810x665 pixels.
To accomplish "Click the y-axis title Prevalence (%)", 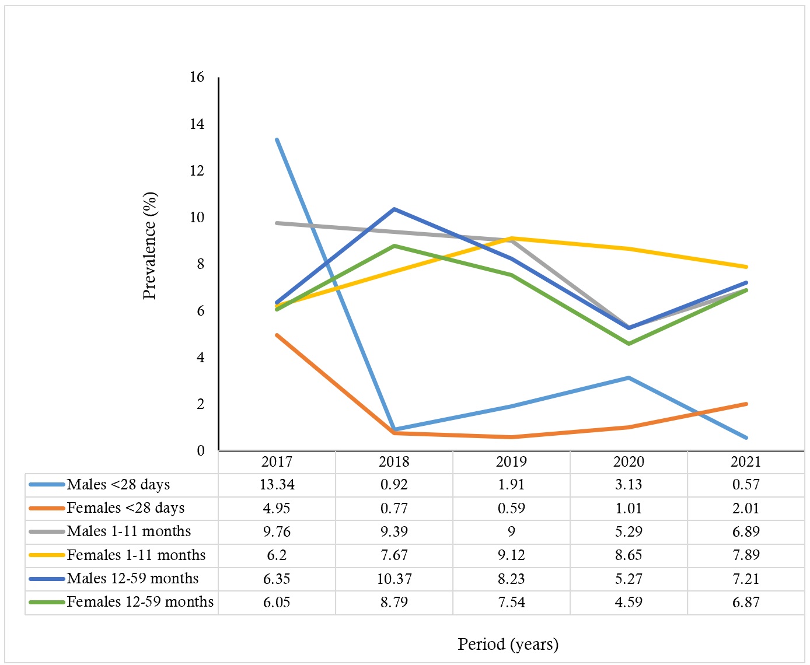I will (x=149, y=246).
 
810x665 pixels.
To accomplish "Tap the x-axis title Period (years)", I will (x=508, y=644).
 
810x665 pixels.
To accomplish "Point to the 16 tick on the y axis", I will (x=197, y=77).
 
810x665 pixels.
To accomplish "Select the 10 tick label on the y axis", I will (x=197, y=217).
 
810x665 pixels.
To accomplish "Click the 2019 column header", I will (x=511, y=461).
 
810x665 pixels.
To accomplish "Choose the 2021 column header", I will (x=746, y=461).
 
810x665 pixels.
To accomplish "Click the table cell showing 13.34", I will (x=277, y=485).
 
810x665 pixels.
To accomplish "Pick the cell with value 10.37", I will (x=394, y=579).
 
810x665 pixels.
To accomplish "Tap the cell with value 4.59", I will (x=629, y=602).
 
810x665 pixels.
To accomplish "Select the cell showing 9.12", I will (x=511, y=555).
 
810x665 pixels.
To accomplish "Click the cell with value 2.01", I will (x=746, y=508).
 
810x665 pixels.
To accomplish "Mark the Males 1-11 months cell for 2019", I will (x=511, y=531).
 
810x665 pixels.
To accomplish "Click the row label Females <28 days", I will (x=125, y=508).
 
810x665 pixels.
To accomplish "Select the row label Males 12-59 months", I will (x=132, y=579).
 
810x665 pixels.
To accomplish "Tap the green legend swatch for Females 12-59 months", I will (x=46, y=602).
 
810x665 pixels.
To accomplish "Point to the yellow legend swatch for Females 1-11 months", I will (x=46, y=555).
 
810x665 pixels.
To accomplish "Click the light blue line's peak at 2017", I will (x=277, y=139).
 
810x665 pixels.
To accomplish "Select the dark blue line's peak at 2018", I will (x=394, y=209).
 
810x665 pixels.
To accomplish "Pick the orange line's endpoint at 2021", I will (x=746, y=404).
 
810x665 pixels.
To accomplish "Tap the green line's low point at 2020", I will (x=629, y=344).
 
